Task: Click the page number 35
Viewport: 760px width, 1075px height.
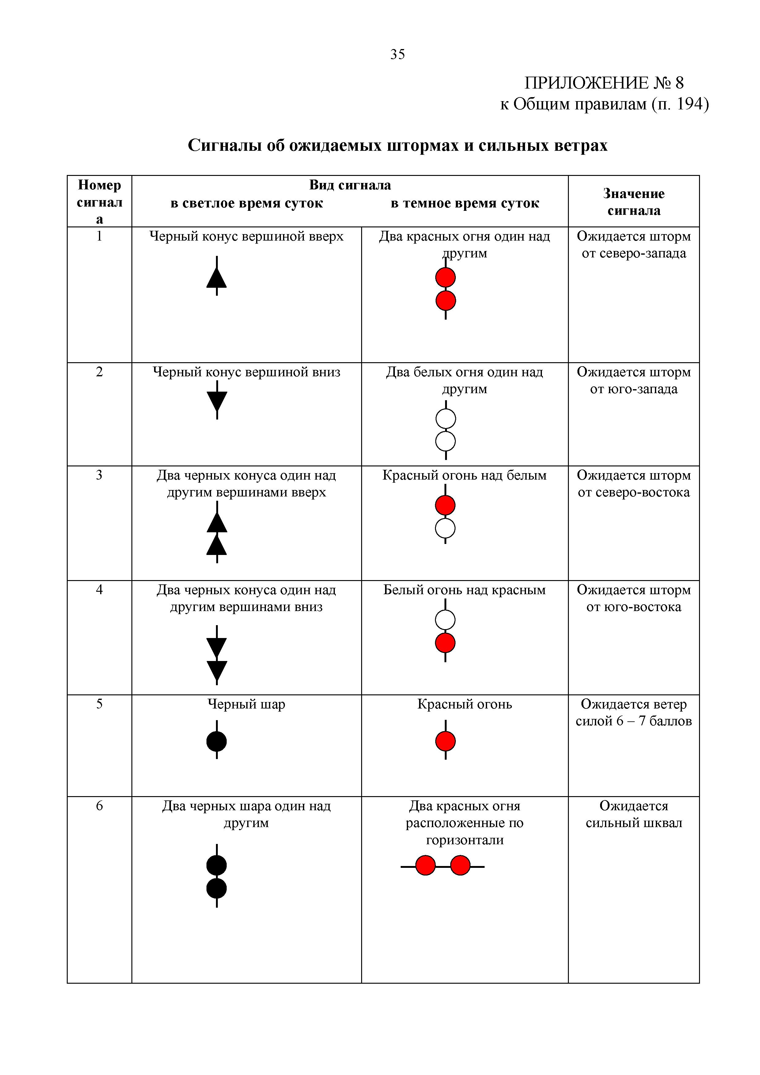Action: [x=397, y=55]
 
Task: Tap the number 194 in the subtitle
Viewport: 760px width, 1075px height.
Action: [x=690, y=104]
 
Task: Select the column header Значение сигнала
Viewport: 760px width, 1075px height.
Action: [x=634, y=202]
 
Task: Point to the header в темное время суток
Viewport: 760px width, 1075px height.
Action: [x=465, y=203]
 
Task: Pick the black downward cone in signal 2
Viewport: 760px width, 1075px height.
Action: [x=217, y=401]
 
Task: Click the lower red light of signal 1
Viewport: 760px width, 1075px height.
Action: [x=445, y=301]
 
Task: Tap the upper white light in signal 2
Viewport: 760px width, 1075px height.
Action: [x=445, y=419]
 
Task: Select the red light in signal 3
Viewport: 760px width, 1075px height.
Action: [x=445, y=506]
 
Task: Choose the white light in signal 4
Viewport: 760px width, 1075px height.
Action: [x=445, y=620]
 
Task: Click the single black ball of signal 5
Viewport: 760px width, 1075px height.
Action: [x=217, y=742]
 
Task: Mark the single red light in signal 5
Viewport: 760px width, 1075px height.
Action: [x=445, y=742]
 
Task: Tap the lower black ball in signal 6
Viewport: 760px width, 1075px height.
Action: [x=217, y=888]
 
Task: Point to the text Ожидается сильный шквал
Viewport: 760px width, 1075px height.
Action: [x=634, y=814]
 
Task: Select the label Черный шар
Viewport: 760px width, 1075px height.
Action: [x=246, y=704]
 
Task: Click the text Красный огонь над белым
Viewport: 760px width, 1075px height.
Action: [x=464, y=475]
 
